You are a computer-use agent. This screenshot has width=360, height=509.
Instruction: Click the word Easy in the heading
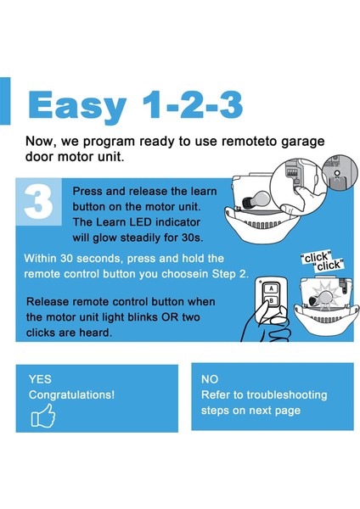tap(77, 106)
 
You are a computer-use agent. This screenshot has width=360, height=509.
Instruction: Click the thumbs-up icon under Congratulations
tap(43, 415)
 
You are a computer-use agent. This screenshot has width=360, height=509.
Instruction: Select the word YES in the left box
tap(40, 379)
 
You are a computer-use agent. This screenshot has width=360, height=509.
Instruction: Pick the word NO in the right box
tap(210, 379)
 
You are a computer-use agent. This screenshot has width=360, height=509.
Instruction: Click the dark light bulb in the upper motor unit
tap(256, 199)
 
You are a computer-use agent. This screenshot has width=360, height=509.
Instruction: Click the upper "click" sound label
tap(316, 257)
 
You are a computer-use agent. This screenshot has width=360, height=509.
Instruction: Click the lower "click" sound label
tap(329, 266)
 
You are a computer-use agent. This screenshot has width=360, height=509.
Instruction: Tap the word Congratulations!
tap(71, 395)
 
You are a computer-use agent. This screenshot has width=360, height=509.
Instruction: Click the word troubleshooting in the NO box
tap(287, 395)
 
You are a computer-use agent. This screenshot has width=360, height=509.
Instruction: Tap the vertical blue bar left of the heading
tap(5, 101)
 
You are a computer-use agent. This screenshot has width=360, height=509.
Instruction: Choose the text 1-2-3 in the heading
tap(193, 104)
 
